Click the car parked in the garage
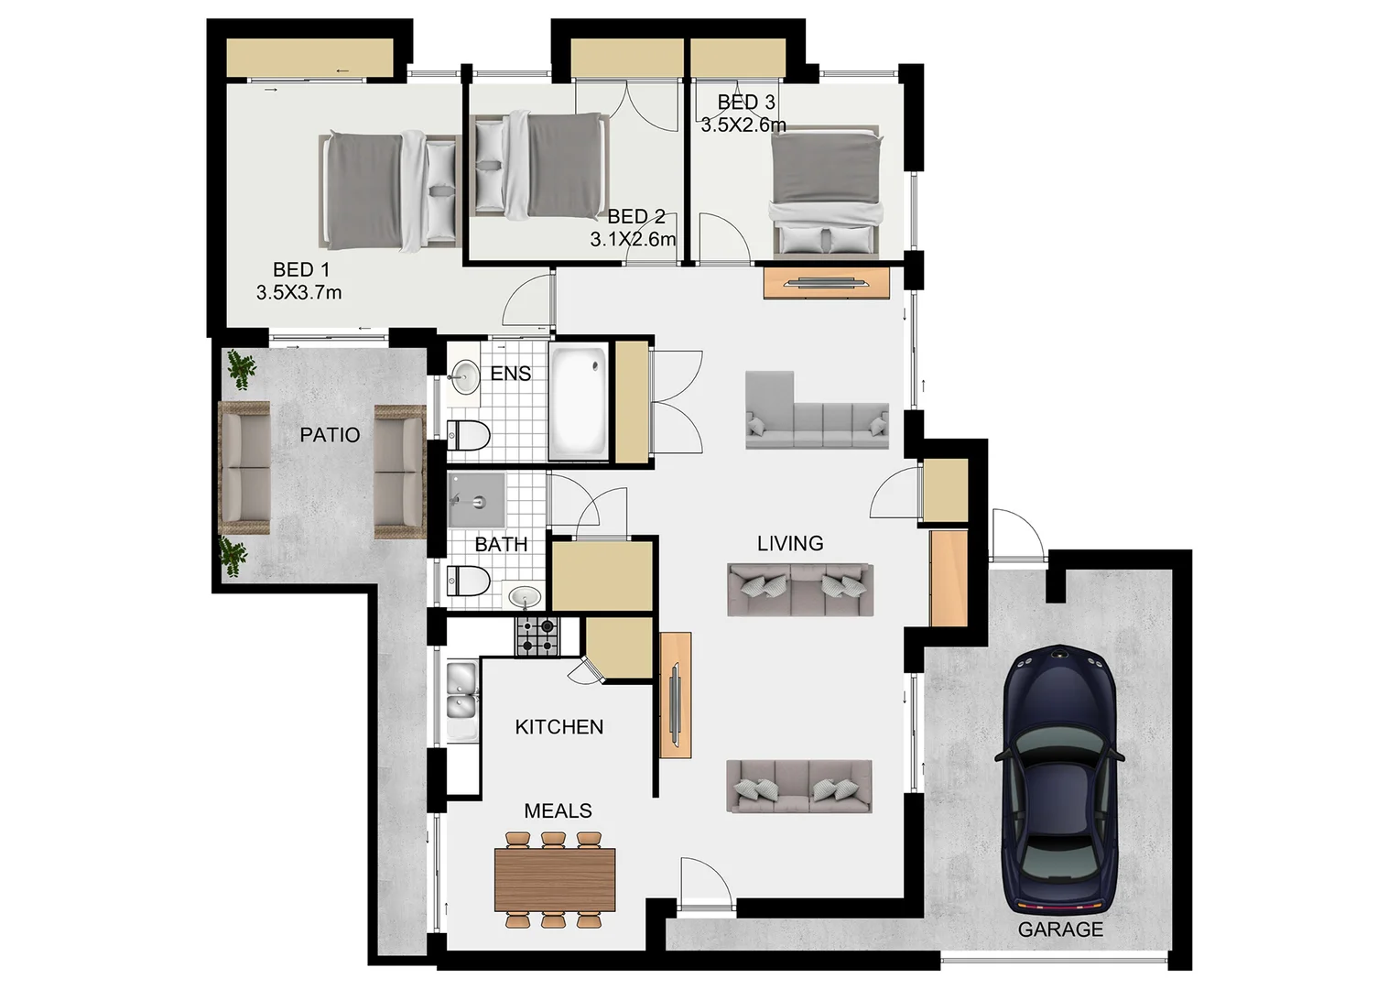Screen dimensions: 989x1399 [x=1060, y=778]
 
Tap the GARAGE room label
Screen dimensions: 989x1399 [x=1060, y=929]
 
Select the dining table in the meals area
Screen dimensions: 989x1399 [x=555, y=879]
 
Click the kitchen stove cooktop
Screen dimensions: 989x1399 [x=537, y=636]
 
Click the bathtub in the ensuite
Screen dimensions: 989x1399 [x=579, y=402]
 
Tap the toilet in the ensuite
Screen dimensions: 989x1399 [x=468, y=435]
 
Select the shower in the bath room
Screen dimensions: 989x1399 [x=476, y=501]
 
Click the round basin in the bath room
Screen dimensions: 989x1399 [x=525, y=597]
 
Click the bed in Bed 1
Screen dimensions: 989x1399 [x=389, y=190]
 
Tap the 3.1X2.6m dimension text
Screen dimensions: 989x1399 [x=633, y=240]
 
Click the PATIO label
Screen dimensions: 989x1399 [x=330, y=435]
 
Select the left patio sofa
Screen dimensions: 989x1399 [x=244, y=468]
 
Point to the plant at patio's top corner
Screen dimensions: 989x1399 [x=242, y=369]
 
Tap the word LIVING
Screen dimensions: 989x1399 [x=790, y=543]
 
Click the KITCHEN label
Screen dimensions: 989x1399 [x=559, y=727]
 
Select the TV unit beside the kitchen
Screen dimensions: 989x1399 [x=676, y=695]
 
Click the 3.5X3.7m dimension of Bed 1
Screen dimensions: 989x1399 [x=298, y=293]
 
